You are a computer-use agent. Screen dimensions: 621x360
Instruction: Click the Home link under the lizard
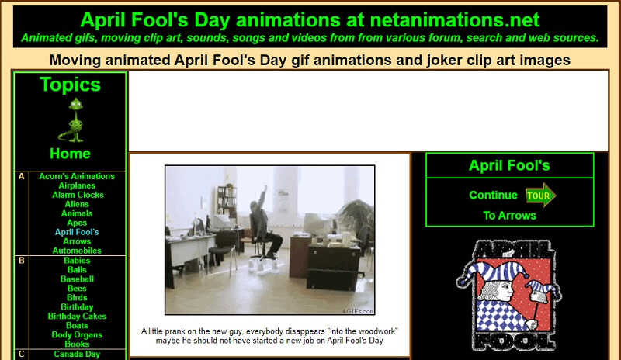tap(70, 154)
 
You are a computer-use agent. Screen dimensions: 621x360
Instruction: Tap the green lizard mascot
tap(73, 120)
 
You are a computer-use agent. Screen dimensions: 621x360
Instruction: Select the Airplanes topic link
tap(77, 185)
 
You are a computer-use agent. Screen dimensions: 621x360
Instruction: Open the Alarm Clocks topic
tap(78, 195)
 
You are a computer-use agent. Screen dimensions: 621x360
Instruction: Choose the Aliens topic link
tap(77, 204)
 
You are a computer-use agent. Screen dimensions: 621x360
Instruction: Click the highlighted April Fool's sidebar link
tap(77, 232)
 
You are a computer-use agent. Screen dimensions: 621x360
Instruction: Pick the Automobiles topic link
tap(77, 251)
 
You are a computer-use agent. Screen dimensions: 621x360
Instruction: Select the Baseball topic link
tap(77, 279)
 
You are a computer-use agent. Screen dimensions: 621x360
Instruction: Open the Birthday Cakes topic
tap(77, 317)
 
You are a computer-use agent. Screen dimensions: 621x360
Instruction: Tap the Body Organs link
tap(77, 335)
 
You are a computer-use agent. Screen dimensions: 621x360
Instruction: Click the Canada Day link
tap(77, 354)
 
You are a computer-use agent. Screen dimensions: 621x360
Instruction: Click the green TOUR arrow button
tap(540, 195)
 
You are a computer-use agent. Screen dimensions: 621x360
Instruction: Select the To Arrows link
tap(509, 216)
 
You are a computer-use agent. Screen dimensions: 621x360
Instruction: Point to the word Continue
tap(493, 196)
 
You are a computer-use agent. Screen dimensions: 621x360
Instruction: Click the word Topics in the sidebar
tap(70, 85)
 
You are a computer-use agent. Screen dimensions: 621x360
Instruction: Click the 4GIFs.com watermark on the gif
tap(358, 311)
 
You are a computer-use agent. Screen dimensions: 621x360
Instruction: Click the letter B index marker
tap(22, 261)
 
